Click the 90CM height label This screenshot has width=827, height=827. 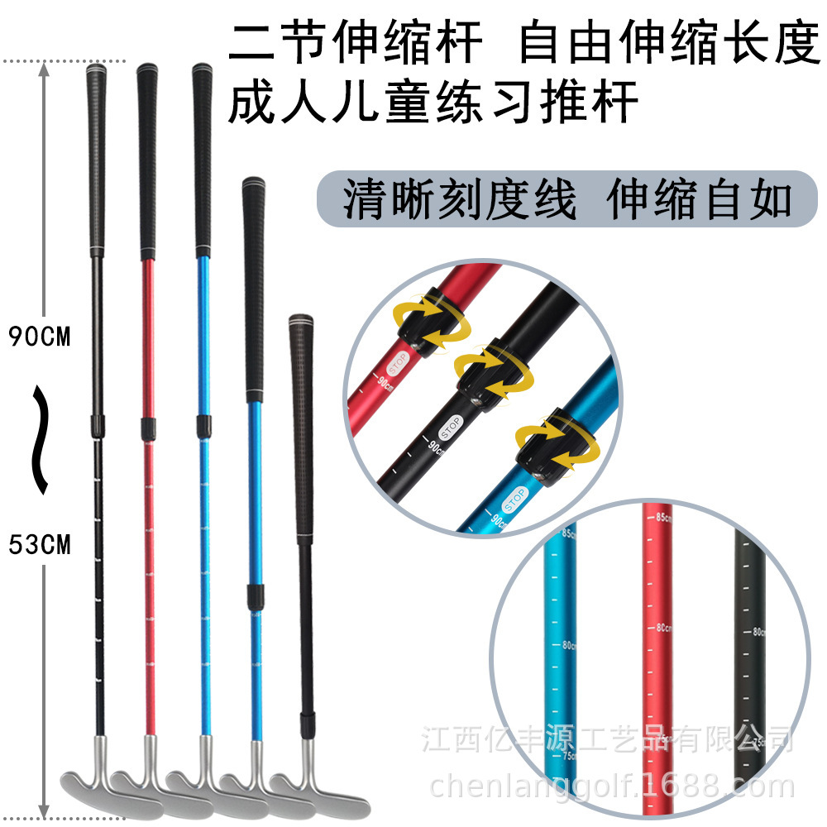point(39,337)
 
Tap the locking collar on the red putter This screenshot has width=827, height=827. point(149,427)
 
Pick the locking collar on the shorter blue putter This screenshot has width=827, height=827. point(256,593)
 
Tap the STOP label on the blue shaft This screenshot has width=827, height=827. point(514,500)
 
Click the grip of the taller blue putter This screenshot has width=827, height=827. point(201,157)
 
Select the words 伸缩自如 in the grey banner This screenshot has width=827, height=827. point(699,198)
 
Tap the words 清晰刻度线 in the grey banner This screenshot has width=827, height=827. point(459,200)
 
